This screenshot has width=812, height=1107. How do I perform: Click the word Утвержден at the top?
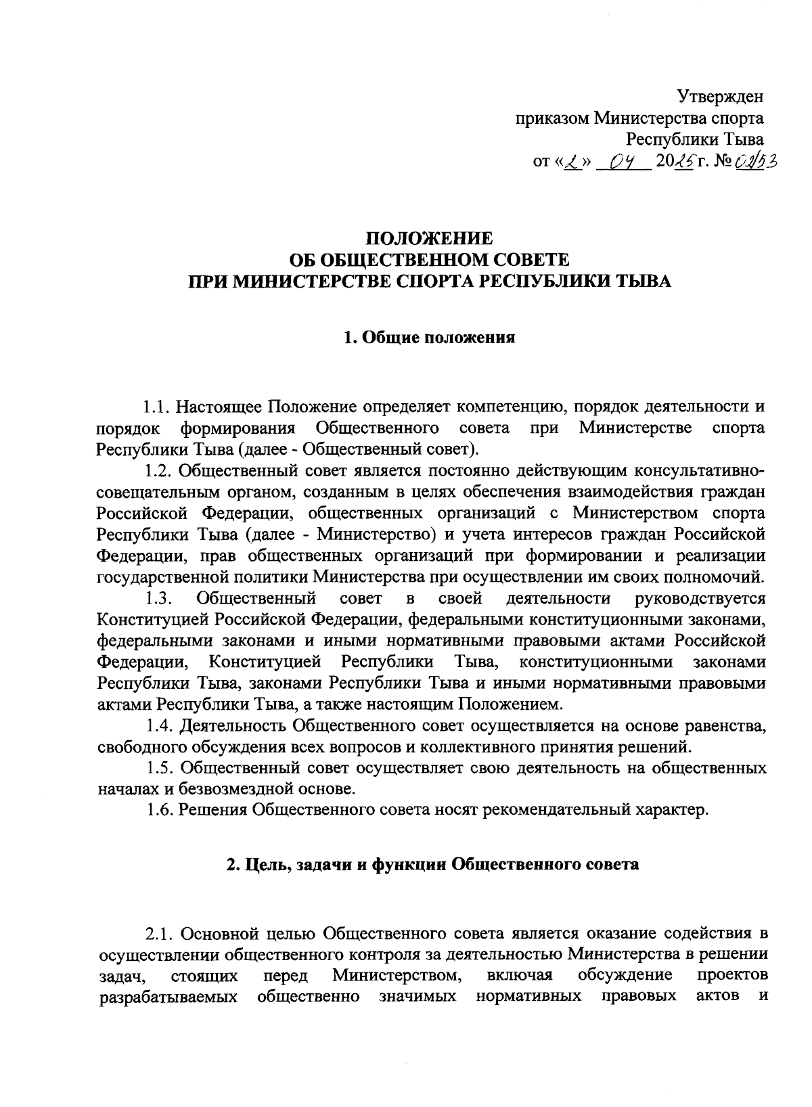(721, 97)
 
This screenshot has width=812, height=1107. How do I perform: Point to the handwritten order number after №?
(757, 162)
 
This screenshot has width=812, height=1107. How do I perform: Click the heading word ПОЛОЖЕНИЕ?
(429, 239)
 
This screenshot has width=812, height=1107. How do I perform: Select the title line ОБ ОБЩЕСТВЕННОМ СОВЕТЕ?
(429, 261)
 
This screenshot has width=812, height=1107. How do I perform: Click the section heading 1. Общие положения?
(429, 337)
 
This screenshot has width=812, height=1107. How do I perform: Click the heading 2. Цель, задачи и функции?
(432, 865)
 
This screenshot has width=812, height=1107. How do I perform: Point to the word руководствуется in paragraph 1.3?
(701, 598)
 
